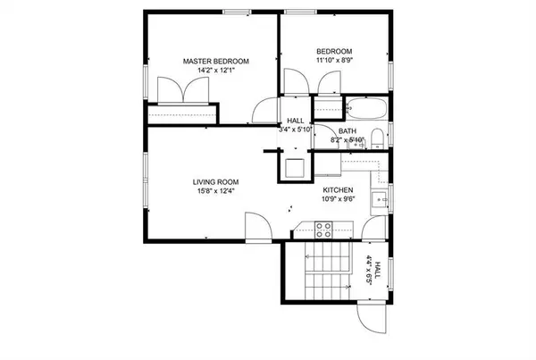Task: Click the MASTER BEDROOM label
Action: [x=216, y=61]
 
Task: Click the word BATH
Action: [x=347, y=132]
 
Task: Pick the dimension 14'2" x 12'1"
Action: [x=215, y=71]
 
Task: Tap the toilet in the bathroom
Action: [x=377, y=138]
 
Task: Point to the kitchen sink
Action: [x=377, y=197]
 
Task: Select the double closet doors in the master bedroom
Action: [x=183, y=92]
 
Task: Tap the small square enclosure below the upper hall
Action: [x=293, y=166]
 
